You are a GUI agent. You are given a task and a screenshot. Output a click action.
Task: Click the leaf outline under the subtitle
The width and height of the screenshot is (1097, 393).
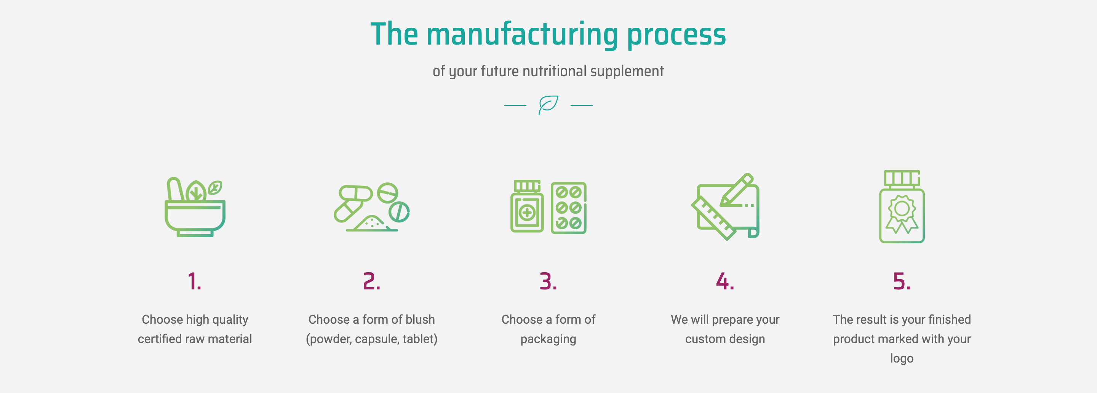click(x=548, y=104)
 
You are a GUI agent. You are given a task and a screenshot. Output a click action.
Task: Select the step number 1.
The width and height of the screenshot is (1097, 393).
click(x=195, y=281)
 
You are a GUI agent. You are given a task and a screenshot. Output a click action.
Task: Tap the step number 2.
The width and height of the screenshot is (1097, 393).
click(x=371, y=281)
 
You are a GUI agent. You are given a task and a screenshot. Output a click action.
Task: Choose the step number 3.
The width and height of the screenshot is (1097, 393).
click(x=548, y=281)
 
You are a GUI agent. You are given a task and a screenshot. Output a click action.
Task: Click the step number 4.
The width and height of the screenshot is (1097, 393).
click(x=725, y=281)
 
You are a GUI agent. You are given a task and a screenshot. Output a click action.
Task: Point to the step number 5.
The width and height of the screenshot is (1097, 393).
click(x=902, y=281)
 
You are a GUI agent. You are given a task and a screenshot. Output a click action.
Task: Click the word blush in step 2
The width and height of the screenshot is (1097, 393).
click(x=420, y=320)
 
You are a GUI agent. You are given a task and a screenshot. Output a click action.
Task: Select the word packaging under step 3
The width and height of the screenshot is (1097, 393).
click(x=548, y=339)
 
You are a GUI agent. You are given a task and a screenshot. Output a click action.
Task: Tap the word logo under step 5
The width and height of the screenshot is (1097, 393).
click(x=902, y=358)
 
